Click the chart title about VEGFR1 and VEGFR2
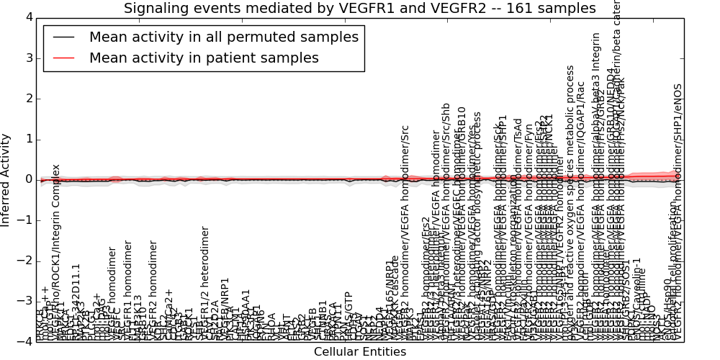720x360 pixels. [x=359, y=9]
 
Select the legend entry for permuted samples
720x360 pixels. [x=223, y=37]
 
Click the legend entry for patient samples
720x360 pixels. [x=204, y=58]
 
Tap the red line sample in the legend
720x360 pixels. [x=63, y=58]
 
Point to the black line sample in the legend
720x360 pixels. [x=63, y=37]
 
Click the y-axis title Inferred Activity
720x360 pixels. [x=6, y=179]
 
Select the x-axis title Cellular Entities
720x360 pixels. [x=359, y=352]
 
